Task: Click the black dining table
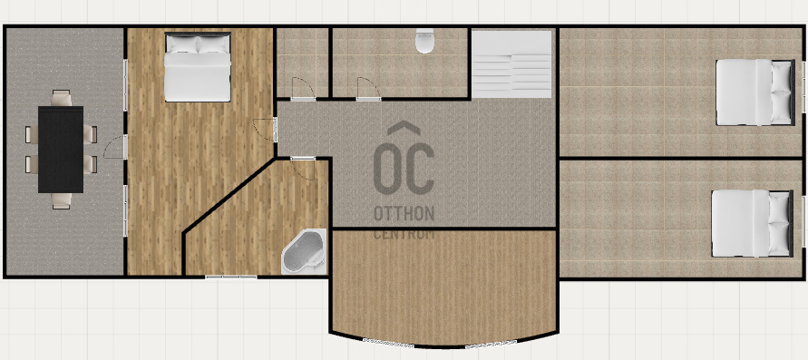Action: [x=61, y=150]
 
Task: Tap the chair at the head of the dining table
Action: [x=62, y=98]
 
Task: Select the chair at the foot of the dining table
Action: [x=62, y=201]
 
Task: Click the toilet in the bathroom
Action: [x=424, y=41]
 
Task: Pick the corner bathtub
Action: [x=304, y=252]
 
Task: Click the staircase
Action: [x=512, y=63]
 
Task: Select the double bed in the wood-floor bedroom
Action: [x=198, y=67]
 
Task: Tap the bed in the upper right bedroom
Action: [x=755, y=92]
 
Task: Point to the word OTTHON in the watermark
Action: [x=404, y=214]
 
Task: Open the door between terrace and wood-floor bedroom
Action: [x=115, y=147]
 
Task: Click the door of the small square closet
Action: [x=303, y=88]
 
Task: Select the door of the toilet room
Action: [x=368, y=88]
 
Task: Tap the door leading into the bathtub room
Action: [x=303, y=169]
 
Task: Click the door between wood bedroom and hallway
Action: [x=266, y=130]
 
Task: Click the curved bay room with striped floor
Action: [x=443, y=286]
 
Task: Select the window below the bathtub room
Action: [x=231, y=277]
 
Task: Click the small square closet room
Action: [x=303, y=62]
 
